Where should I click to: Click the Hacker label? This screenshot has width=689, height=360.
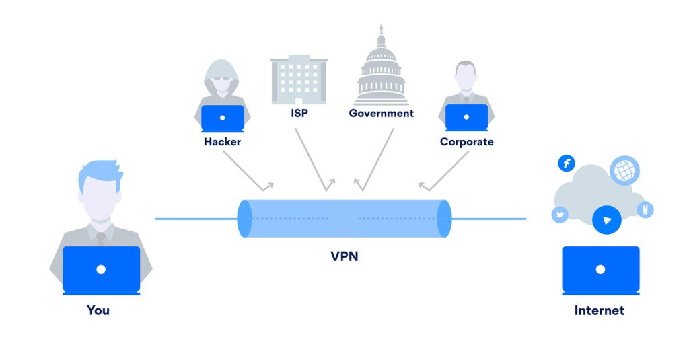(x=222, y=142)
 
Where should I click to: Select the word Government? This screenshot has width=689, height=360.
(x=381, y=113)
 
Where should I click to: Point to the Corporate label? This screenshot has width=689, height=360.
(x=466, y=142)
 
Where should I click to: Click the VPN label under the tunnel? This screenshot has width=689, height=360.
(x=344, y=256)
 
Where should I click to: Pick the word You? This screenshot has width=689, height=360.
(x=98, y=310)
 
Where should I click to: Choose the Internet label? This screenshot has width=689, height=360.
(x=599, y=310)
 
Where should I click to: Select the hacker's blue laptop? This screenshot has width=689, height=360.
(x=223, y=118)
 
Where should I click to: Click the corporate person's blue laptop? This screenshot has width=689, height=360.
(x=466, y=118)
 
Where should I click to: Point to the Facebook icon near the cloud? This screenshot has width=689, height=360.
(x=567, y=163)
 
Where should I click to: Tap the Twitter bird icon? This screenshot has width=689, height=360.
(x=560, y=215)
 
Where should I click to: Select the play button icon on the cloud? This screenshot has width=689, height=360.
(x=607, y=220)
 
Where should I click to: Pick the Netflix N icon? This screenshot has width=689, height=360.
(x=645, y=209)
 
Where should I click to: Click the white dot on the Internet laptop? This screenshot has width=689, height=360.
(x=600, y=269)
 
